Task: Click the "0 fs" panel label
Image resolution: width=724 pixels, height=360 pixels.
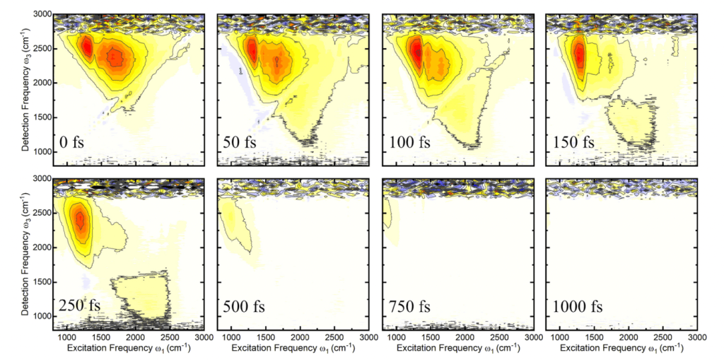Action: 77,142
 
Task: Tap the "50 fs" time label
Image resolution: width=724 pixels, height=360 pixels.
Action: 240,142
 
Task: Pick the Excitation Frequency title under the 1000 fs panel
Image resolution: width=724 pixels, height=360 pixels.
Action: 621,349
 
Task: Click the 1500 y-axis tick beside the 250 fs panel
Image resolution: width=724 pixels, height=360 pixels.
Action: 40,281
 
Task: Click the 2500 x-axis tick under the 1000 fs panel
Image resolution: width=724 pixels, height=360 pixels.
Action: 663,337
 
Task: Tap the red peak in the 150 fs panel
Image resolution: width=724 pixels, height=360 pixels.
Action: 580,55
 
